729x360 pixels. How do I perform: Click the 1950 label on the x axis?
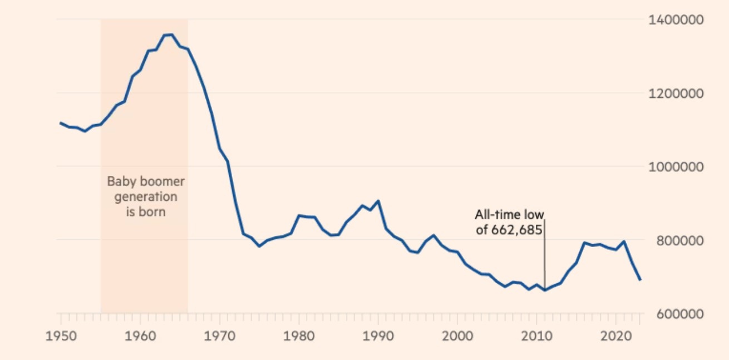pos(60,337)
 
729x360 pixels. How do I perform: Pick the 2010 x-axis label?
pos(536,337)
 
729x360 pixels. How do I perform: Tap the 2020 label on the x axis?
pos(616,337)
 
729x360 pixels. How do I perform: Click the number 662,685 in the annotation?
pos(516,229)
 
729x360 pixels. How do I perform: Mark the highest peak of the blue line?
pos(171,34)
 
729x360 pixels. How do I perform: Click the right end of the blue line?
pos(640,279)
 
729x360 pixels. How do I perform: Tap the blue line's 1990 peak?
pos(378,201)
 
